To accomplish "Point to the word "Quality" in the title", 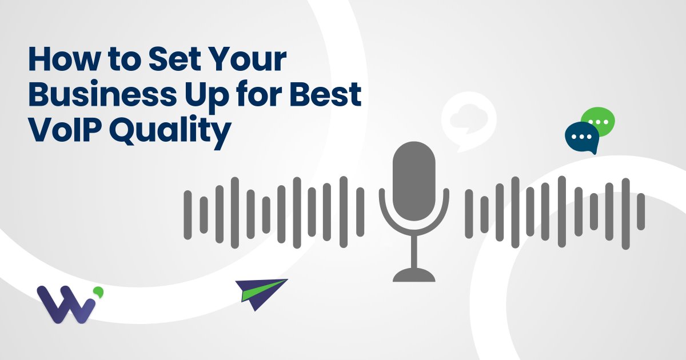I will point(169,133).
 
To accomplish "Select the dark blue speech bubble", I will point(581,137).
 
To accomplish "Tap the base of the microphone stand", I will point(414,276).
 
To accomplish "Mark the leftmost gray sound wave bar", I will point(188,214).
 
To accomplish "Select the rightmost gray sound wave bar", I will point(641,210).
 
